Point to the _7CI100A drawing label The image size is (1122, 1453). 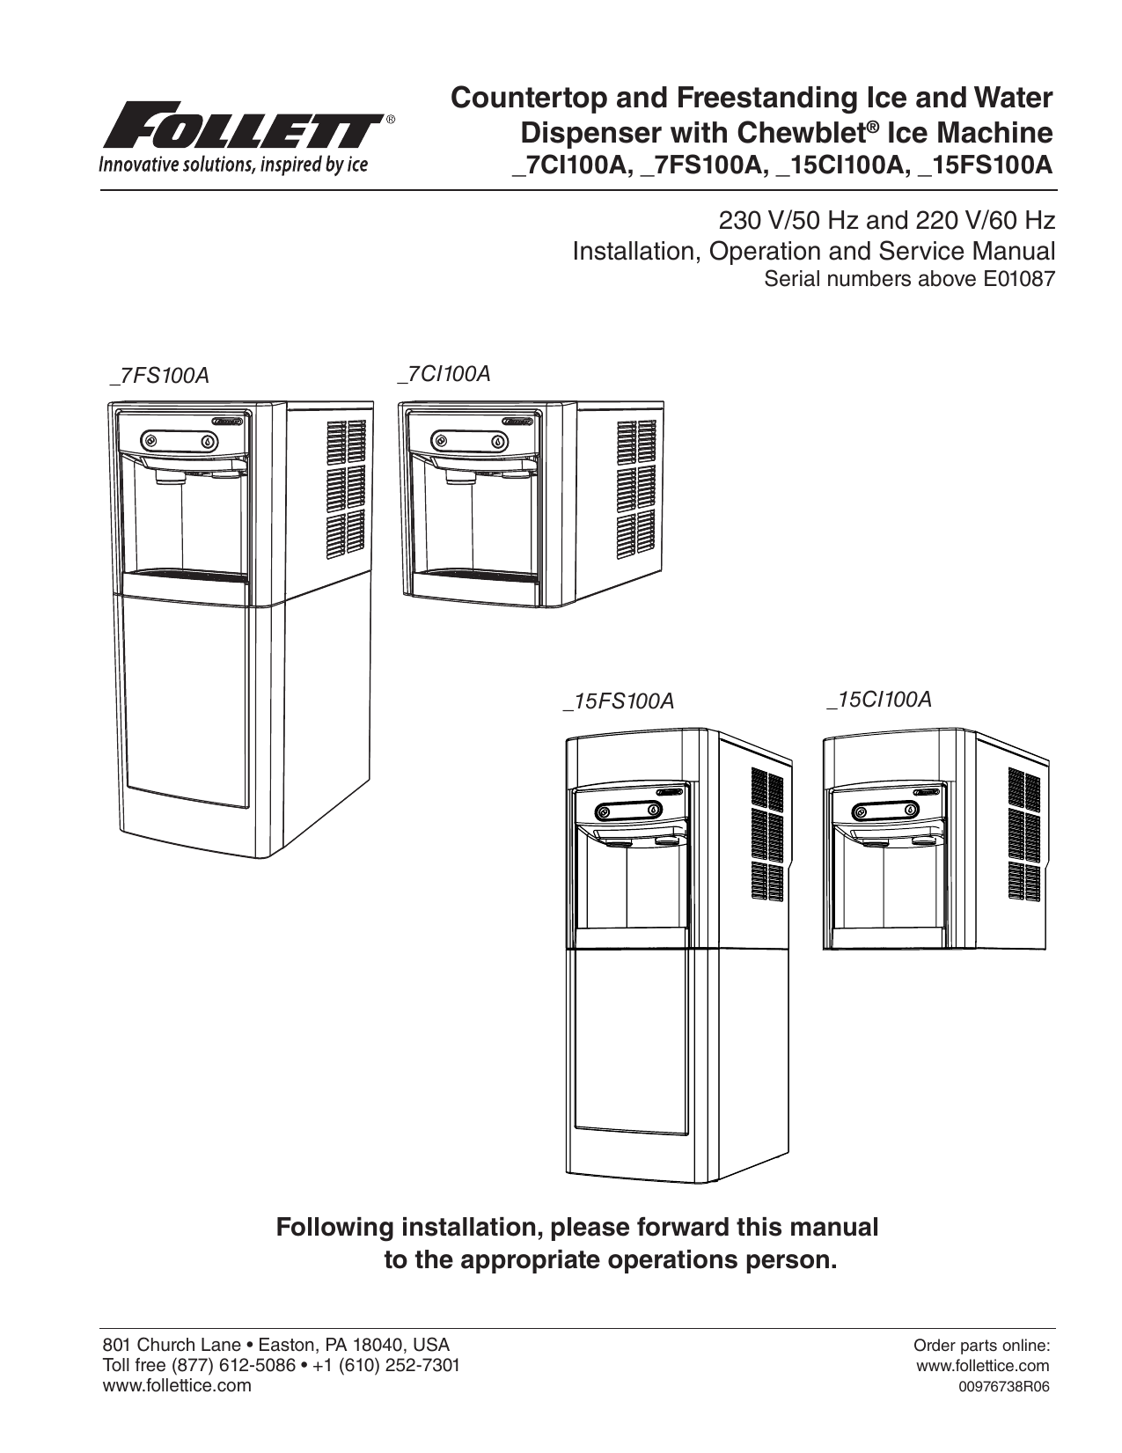pos(444,373)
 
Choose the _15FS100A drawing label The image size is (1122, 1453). pos(619,701)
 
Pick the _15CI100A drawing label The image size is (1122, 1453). pos(878,700)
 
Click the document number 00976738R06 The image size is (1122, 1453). pos(997,1387)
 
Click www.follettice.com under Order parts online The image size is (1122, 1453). pos(983,1366)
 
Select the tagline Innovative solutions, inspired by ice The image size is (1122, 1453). pos(233,165)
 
